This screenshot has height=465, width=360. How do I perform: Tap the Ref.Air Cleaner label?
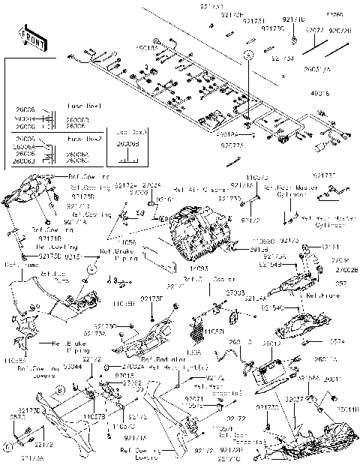(205, 190)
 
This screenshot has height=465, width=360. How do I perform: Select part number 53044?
(74, 368)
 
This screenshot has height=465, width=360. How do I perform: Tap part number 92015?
(125, 375)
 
